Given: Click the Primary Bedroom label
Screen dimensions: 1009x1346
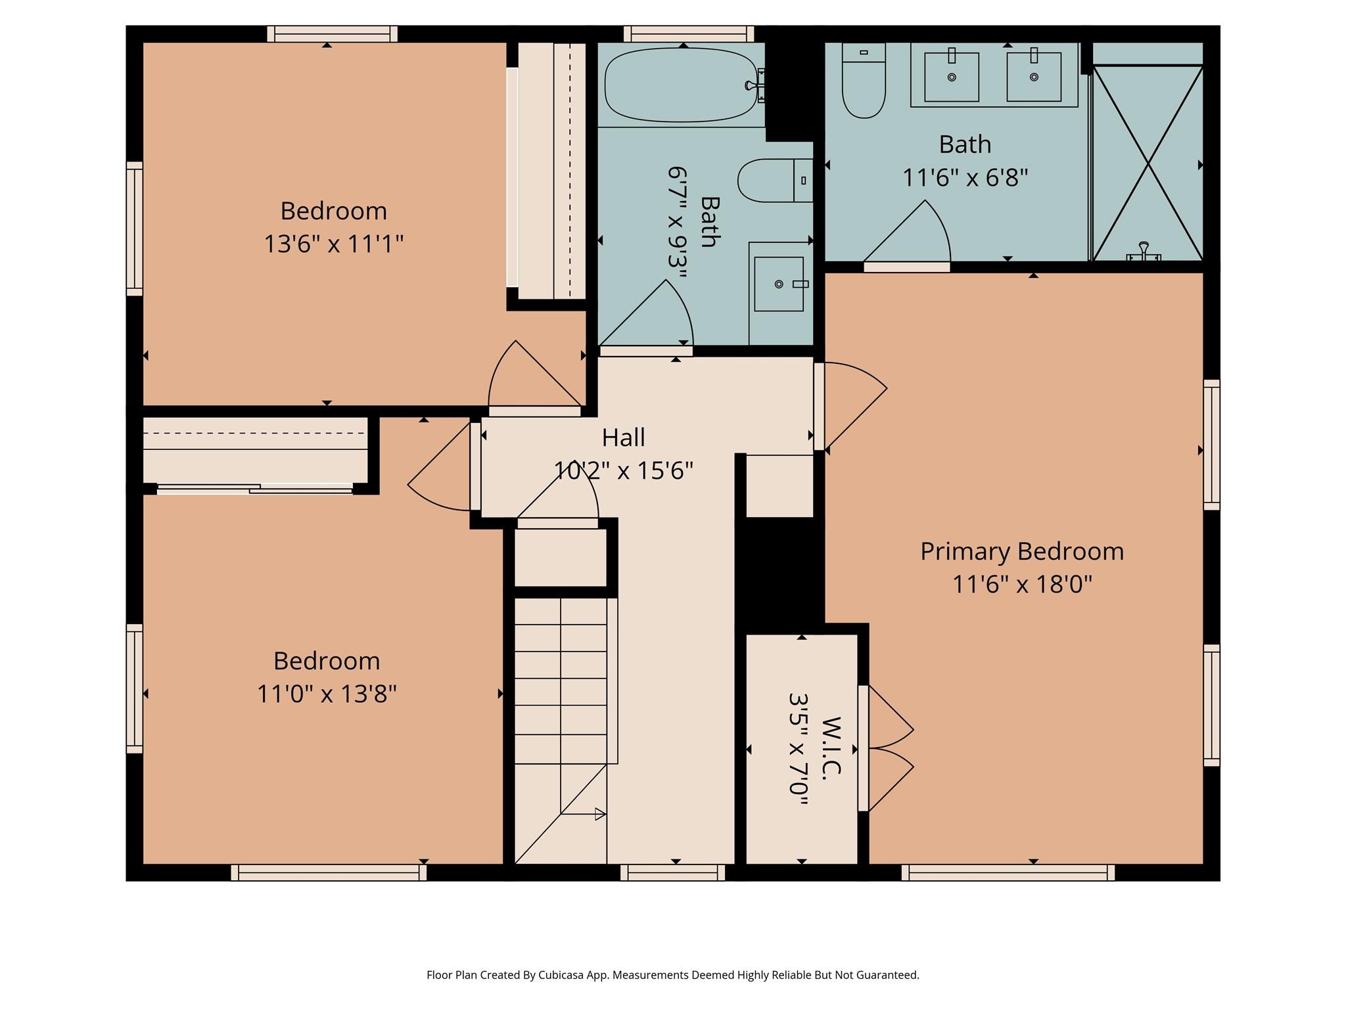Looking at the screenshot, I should point(1021,551).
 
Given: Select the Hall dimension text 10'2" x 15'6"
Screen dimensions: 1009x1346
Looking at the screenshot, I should point(623,470).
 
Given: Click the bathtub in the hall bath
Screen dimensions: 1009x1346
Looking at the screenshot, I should point(680,86).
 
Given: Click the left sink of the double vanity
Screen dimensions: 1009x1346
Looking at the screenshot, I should point(951,77).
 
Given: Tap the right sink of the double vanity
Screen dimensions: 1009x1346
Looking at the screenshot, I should point(1033,77).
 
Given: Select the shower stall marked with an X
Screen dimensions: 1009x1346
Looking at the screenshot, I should point(1148,163).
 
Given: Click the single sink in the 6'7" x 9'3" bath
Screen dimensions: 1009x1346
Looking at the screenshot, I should point(779,284).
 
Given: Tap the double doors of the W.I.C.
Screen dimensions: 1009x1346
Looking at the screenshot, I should point(887,748).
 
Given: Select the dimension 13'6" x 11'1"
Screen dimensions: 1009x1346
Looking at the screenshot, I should point(333,244).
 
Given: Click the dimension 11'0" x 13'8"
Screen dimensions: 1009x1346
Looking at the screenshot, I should point(327,694).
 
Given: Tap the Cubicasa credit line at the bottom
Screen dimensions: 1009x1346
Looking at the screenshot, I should point(672,975).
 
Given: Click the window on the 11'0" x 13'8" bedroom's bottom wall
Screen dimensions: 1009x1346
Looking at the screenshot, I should point(329,872).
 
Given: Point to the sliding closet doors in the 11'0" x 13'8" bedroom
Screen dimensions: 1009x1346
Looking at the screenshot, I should point(255,488).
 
